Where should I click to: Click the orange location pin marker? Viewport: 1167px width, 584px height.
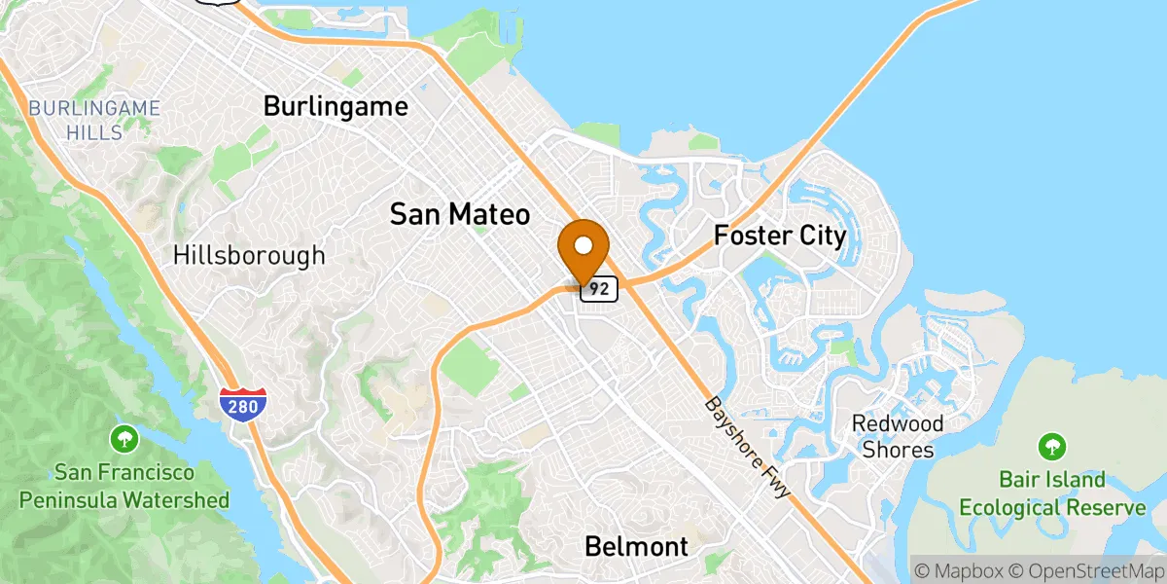pyautogui.click(x=584, y=249)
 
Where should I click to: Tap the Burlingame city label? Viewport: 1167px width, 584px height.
pyautogui.click(x=336, y=106)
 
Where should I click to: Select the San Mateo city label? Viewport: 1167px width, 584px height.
pyautogui.click(x=460, y=214)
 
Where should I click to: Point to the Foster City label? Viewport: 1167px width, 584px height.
pyautogui.click(x=780, y=236)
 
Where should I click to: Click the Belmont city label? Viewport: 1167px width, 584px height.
pyautogui.click(x=636, y=546)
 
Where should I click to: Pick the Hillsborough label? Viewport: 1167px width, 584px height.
pyautogui.click(x=249, y=256)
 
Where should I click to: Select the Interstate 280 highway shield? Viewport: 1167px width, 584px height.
pyautogui.click(x=241, y=404)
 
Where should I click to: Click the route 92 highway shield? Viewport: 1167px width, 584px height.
pyautogui.click(x=599, y=289)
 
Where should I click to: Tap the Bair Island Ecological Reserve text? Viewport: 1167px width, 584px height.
pyautogui.click(x=1051, y=493)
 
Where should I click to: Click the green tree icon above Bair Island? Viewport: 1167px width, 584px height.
pyautogui.click(x=1051, y=447)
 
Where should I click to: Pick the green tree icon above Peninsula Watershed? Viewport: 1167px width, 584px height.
pyautogui.click(x=124, y=438)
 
